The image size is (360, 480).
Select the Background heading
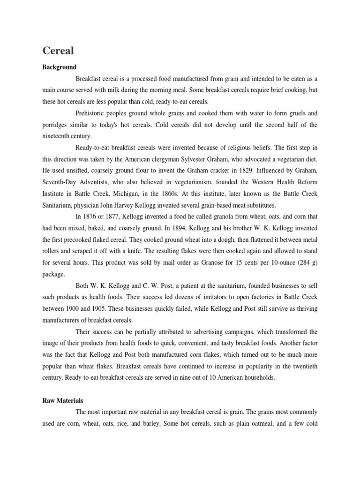tap(59, 67)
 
